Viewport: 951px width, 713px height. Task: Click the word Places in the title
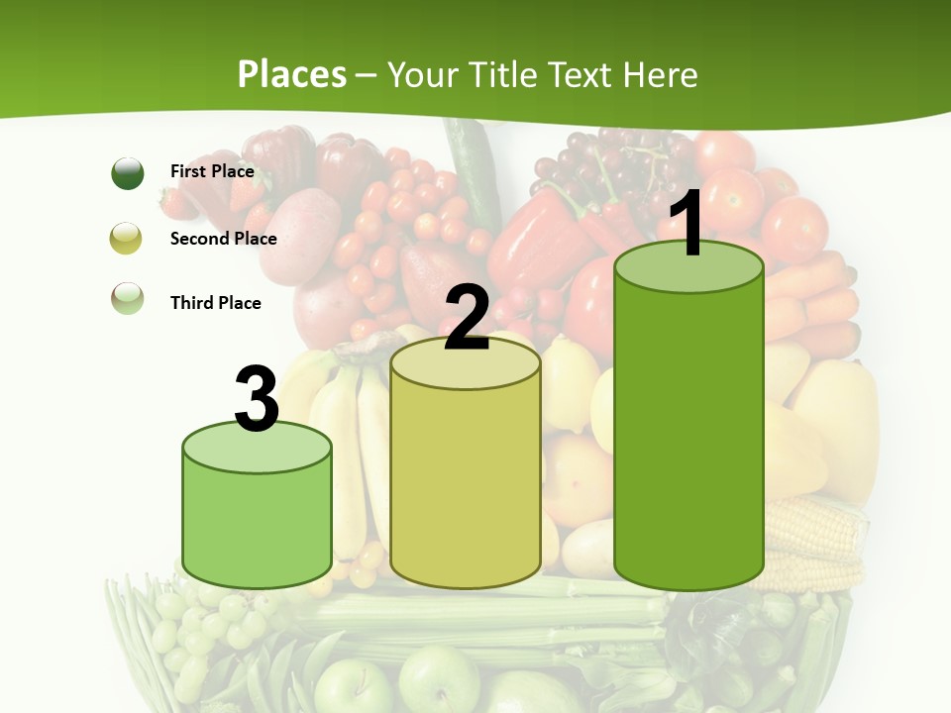pos(292,74)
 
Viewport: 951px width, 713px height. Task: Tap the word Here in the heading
pos(662,74)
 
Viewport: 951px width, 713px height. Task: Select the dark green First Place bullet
pos(128,173)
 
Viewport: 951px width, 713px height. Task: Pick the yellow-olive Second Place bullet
pos(128,239)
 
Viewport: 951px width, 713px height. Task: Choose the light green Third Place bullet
pos(128,298)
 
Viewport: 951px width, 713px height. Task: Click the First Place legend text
pos(212,171)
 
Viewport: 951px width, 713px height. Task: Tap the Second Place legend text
pos(223,239)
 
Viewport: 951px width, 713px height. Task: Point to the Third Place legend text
pos(215,303)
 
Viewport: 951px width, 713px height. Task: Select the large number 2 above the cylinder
pos(467,317)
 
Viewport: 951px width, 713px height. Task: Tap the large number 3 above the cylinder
pos(257,399)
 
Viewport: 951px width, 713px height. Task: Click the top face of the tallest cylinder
pos(688,268)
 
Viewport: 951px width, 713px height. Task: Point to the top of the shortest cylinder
pos(257,447)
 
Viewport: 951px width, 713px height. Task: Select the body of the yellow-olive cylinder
pos(466,485)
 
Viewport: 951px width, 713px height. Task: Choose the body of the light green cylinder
pos(257,525)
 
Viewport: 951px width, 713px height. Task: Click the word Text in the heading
pos(585,74)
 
